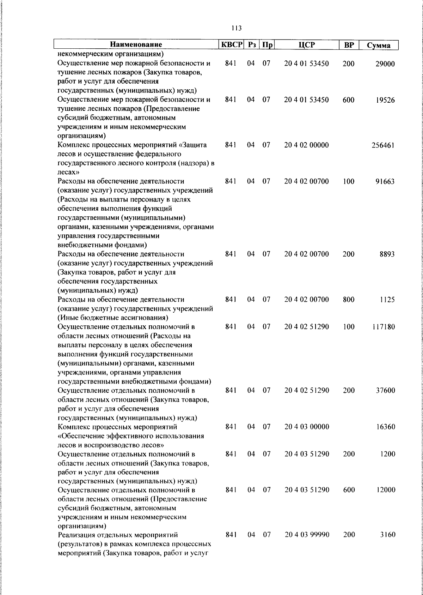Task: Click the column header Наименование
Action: pos(136,45)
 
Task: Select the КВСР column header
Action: pos(231,45)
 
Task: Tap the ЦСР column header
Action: pos(306,45)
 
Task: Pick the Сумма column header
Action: pos(379,45)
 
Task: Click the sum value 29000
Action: pos(385,64)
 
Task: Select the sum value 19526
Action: pos(385,100)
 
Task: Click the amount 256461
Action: pos(383,145)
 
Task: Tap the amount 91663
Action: pos(385,182)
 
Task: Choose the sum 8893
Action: pos(387,254)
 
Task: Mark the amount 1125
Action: pos(387,300)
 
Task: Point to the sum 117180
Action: pos(383,327)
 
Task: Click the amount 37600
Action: pos(385,390)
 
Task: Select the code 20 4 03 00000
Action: pos(306,427)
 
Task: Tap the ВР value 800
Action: pos(348,300)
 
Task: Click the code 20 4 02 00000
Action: pos(306,145)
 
